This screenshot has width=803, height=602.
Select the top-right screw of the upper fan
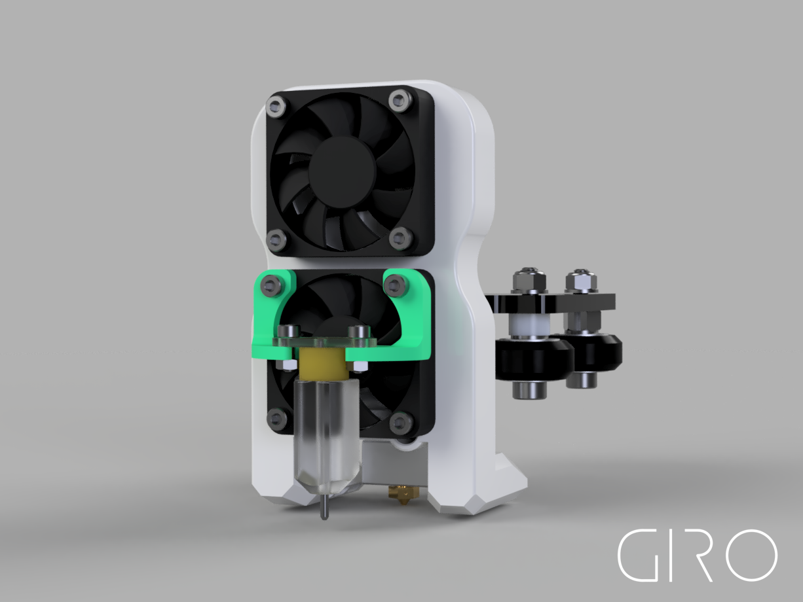399,99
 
